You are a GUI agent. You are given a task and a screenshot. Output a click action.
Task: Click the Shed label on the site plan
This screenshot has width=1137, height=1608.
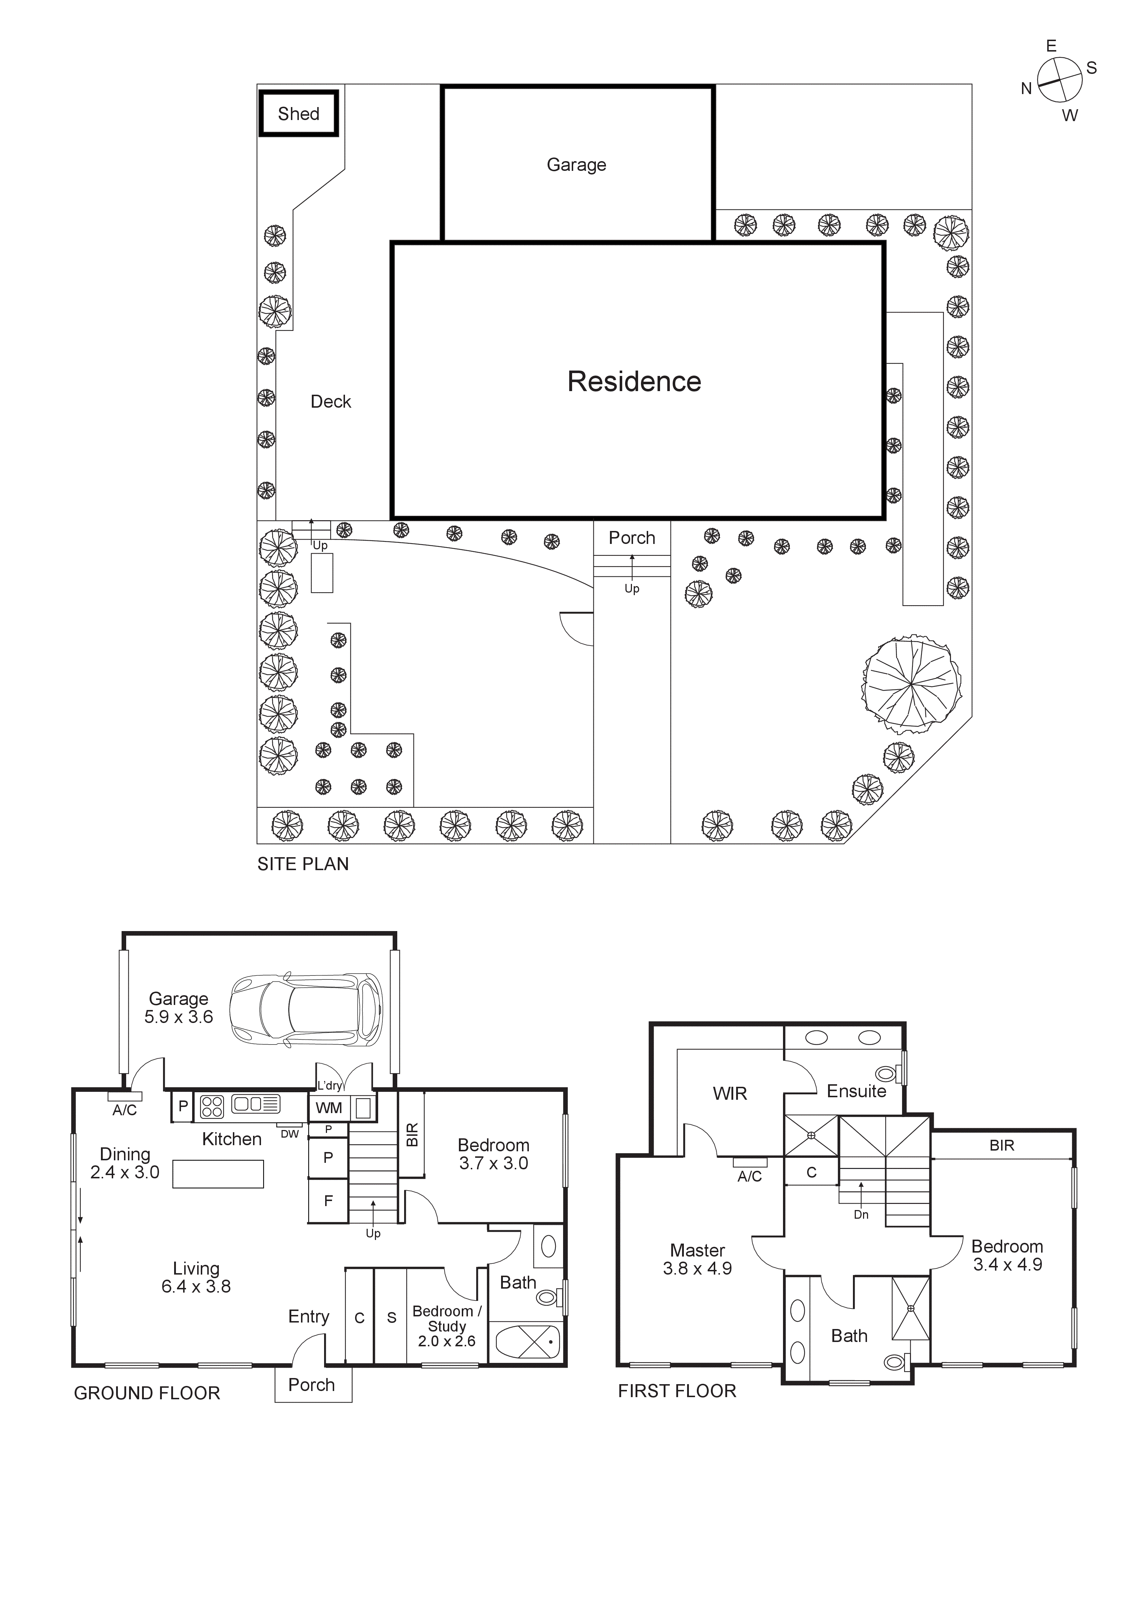[298, 114]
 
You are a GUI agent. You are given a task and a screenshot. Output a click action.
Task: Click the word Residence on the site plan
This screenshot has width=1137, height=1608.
[634, 382]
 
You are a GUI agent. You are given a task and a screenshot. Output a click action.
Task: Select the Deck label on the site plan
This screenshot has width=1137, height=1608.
[331, 401]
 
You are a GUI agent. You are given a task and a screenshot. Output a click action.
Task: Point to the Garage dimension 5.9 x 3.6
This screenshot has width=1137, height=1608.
[179, 1017]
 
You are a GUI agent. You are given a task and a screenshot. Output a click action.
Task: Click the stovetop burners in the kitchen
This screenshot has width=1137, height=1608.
[212, 1106]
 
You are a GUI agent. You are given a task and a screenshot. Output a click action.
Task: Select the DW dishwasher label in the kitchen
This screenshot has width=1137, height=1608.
[289, 1134]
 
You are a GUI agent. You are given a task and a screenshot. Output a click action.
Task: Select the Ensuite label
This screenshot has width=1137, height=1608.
[856, 1091]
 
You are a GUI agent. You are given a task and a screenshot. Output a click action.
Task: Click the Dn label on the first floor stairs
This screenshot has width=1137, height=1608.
[861, 1214]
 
